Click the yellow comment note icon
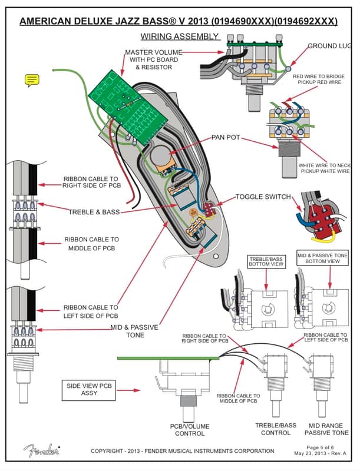pyautogui.click(x=32, y=81)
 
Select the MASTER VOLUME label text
pyautogui.click(x=153, y=52)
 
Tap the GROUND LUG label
pyautogui.click(x=331, y=45)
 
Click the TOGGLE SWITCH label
pyautogui.click(x=263, y=197)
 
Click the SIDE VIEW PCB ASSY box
pyautogui.click(x=90, y=389)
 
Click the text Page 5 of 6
pyautogui.click(x=323, y=447)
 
